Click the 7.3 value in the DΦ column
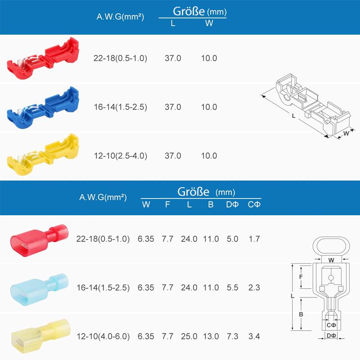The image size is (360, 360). click(x=233, y=336)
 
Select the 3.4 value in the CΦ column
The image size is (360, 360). click(x=254, y=336)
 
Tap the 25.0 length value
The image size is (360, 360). click(x=189, y=336)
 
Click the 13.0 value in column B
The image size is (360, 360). click(x=211, y=336)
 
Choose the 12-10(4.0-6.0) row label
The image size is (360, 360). click(x=103, y=336)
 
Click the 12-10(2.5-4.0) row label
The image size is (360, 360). click(x=120, y=156)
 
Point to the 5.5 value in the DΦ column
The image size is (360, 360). click(x=233, y=288)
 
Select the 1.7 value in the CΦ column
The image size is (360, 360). click(x=254, y=239)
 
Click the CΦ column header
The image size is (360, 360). click(x=254, y=205)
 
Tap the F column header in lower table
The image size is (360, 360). click(x=167, y=205)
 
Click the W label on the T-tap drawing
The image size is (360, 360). click(x=346, y=133)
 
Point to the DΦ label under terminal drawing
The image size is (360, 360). click(x=331, y=336)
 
